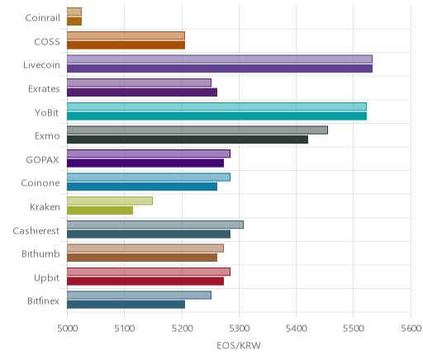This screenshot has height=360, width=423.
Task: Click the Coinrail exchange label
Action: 42,18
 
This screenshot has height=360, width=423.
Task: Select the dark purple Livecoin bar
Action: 220,69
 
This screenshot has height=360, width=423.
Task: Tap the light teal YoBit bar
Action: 216,107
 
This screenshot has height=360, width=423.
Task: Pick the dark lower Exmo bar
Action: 188,140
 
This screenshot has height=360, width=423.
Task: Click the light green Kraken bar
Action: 110,201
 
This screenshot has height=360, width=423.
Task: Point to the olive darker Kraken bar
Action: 100,211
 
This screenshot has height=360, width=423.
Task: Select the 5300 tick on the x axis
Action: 240,329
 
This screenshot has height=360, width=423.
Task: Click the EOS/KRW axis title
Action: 239,345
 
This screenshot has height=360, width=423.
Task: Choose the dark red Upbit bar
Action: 145,282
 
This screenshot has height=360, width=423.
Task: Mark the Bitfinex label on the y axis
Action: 43,301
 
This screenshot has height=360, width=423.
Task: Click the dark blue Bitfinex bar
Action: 126,305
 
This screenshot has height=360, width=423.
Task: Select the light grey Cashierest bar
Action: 155,225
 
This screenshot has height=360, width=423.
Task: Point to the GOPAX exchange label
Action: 42,160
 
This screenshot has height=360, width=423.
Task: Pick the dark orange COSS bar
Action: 126,45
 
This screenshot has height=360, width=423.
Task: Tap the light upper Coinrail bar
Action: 74,12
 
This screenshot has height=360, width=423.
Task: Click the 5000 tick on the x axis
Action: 67,329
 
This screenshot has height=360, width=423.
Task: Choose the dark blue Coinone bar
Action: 142,187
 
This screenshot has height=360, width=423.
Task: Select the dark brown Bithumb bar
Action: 142,258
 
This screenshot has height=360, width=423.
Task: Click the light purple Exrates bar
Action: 139,83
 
